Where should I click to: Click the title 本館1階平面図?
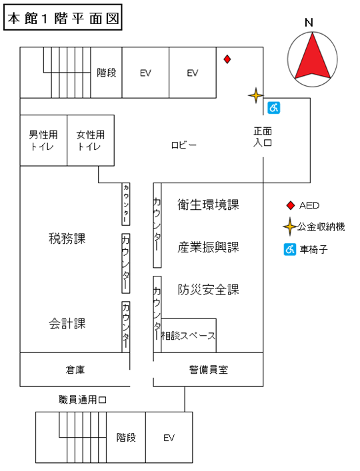63,19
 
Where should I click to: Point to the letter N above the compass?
309,22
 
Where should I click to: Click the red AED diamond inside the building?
227,59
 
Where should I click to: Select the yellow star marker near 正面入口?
255,96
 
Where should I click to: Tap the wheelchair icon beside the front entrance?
272,107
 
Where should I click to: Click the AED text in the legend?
309,205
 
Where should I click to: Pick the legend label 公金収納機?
321,227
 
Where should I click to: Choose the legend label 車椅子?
313,250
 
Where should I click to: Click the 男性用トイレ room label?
43,140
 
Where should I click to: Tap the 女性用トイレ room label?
91,140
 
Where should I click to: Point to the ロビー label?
184,144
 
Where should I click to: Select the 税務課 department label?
67,238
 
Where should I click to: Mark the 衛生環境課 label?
208,205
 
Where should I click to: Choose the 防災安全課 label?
208,290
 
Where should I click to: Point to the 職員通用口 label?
83,400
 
